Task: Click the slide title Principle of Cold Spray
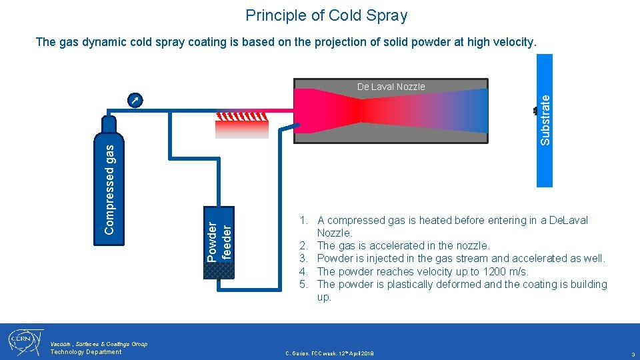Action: pos(326,15)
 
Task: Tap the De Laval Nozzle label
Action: pos(391,87)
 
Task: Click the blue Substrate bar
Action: pos(545,120)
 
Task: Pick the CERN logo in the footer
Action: pos(25,342)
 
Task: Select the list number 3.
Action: pos(303,259)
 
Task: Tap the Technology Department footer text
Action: pos(86,352)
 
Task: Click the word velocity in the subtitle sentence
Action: pos(512,43)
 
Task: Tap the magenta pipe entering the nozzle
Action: pos(280,110)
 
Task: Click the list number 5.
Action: pos(303,285)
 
